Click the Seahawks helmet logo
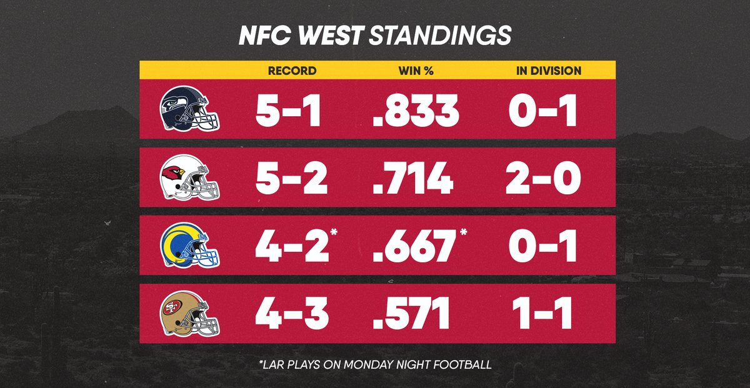coord(189,109)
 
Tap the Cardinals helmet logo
coord(189,177)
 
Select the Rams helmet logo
coord(189,245)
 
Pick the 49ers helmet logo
coord(189,314)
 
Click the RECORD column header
coord(292,71)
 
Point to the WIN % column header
coord(416,71)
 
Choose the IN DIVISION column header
coord(549,71)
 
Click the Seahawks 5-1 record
coord(288,110)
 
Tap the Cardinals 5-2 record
coord(291,178)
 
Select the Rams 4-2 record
coord(292,246)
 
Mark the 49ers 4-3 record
coord(292,314)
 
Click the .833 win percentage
coord(416,110)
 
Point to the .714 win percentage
coord(413,178)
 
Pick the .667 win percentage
coord(414,246)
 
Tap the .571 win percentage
coord(411,314)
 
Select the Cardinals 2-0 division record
coord(543,178)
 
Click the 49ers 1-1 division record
coord(542,314)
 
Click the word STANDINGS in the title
coord(440,35)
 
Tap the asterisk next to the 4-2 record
coord(334,232)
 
